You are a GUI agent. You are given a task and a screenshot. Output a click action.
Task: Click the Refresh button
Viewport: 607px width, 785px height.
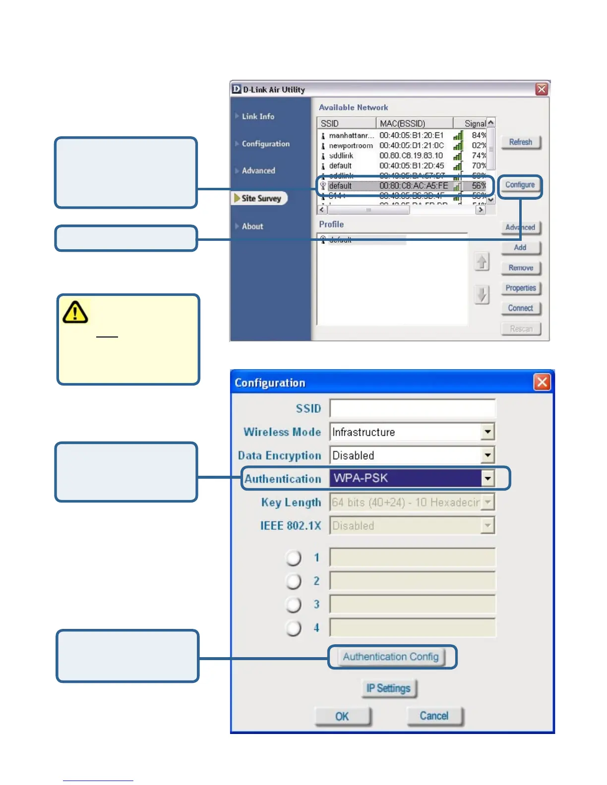[x=520, y=142]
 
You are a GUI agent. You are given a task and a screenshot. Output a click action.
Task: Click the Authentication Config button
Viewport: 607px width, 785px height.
[x=391, y=657]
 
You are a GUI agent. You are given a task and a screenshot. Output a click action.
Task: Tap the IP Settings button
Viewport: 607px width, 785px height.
[x=388, y=688]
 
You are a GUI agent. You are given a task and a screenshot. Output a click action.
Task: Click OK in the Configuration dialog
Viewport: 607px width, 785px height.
[x=342, y=716]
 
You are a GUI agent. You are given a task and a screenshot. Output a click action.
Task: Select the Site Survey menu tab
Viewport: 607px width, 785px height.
[x=261, y=198]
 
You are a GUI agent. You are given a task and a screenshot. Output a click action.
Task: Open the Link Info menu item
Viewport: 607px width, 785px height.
[x=258, y=116]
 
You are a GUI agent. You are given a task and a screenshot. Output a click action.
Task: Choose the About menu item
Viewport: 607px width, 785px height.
[x=252, y=226]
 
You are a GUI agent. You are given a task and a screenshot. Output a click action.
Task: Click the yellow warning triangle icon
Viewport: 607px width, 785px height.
[x=75, y=312]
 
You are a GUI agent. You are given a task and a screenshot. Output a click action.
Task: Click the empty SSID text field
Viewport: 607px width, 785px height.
[x=412, y=408]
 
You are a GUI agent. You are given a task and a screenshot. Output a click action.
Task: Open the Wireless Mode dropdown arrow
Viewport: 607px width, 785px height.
[x=488, y=432]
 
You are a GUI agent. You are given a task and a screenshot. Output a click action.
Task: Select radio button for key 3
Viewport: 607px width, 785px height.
[x=294, y=605]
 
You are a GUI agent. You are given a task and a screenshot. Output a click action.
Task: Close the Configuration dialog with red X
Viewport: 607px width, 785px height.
[x=542, y=382]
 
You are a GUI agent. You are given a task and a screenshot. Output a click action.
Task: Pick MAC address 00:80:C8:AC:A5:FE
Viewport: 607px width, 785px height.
[x=414, y=186]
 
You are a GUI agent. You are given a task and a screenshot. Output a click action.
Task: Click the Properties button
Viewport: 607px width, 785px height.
[x=520, y=288]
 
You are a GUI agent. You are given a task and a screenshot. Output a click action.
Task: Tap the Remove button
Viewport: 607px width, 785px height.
[x=520, y=268]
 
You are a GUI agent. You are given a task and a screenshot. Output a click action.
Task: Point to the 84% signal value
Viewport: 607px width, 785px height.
[x=479, y=135]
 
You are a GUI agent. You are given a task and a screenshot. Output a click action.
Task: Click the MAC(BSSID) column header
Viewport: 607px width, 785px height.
[x=402, y=123]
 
